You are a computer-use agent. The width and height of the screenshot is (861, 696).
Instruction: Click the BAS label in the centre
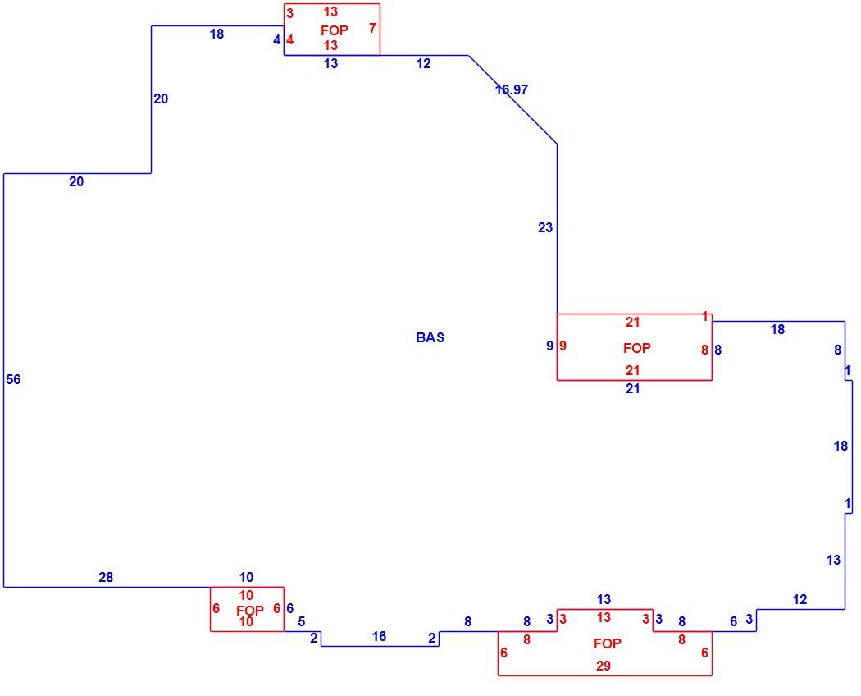pyautogui.click(x=430, y=337)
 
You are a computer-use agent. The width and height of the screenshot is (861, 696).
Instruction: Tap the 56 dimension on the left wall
pyautogui.click(x=13, y=379)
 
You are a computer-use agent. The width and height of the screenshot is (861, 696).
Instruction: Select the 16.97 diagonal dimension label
pyautogui.click(x=512, y=89)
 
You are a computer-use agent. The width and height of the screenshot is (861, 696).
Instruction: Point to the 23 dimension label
pyautogui.click(x=545, y=227)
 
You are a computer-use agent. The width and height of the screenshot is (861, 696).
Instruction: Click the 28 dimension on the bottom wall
pyautogui.click(x=106, y=577)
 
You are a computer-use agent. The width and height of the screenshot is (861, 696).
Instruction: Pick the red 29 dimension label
pyautogui.click(x=604, y=666)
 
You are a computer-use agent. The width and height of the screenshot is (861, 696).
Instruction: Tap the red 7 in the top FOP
pyautogui.click(x=373, y=27)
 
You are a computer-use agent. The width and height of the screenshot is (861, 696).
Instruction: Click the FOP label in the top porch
pyautogui.click(x=335, y=30)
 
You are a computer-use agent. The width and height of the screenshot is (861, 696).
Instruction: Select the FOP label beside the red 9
pyautogui.click(x=637, y=348)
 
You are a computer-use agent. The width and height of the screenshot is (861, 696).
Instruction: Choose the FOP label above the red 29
pyautogui.click(x=608, y=643)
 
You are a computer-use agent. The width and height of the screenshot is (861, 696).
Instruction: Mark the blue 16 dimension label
pyautogui.click(x=379, y=637)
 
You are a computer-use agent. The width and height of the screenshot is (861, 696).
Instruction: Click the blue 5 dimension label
pyautogui.click(x=302, y=622)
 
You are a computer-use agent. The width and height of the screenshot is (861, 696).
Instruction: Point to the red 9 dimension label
pyautogui.click(x=563, y=346)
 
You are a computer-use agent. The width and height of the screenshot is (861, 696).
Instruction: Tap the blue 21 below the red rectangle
pyautogui.click(x=632, y=389)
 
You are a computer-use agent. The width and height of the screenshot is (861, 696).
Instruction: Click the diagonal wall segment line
pyautogui.click(x=512, y=99)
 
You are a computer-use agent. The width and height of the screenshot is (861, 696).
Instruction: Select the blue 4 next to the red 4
pyautogui.click(x=277, y=39)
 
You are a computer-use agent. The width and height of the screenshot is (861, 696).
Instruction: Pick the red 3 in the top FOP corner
pyautogui.click(x=290, y=13)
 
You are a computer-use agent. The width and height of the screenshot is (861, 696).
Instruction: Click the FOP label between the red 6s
pyautogui.click(x=250, y=611)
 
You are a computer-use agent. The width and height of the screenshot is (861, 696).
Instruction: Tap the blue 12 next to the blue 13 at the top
pyautogui.click(x=423, y=64)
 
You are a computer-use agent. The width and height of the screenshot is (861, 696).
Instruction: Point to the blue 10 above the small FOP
pyautogui.click(x=246, y=577)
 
